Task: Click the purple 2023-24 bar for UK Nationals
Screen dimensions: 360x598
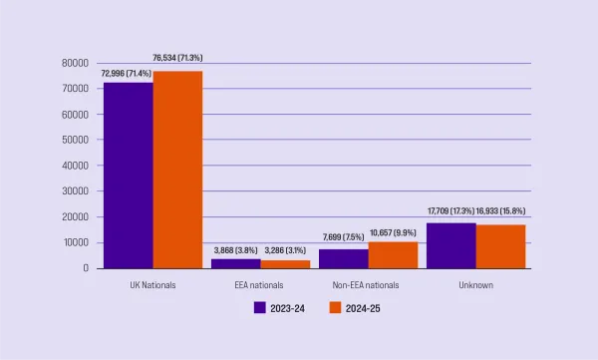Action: tap(128, 175)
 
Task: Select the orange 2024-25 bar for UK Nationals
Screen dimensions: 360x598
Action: tap(177, 170)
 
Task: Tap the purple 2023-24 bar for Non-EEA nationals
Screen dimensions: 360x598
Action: tap(343, 258)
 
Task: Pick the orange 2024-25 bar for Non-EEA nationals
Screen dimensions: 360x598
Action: tap(393, 254)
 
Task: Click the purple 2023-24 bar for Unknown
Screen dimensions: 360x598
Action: tap(450, 245)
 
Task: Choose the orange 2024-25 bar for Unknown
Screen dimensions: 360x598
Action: tap(500, 246)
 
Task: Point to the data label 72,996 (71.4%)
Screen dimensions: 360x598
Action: tap(127, 75)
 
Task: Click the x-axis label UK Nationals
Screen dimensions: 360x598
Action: tap(151, 284)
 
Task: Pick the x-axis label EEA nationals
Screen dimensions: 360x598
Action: tap(260, 284)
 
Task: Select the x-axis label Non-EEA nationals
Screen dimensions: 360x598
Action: tap(368, 284)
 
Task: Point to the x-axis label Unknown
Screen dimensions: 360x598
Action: tap(475, 284)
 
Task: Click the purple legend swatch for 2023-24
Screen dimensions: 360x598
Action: tap(259, 307)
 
